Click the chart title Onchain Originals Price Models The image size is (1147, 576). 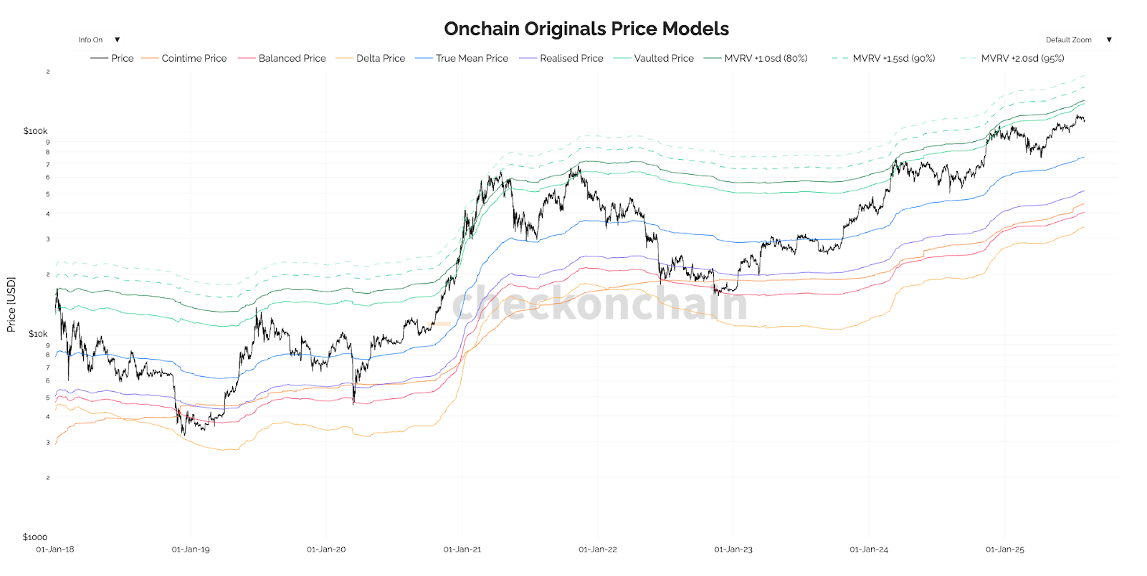(586, 29)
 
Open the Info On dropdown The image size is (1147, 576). (98, 40)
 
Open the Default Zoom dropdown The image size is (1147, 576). (1077, 40)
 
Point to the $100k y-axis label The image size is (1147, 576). (35, 131)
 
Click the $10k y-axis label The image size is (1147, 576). (38, 334)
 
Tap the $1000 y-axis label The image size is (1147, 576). (35, 537)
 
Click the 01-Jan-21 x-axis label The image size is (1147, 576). (462, 549)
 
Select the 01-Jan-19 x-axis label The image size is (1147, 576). (191, 549)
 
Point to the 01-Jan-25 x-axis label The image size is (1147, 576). (1004, 549)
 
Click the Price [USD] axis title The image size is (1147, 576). (11, 304)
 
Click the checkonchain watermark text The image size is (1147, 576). (601, 304)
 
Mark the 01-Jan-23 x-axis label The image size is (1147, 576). (733, 549)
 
